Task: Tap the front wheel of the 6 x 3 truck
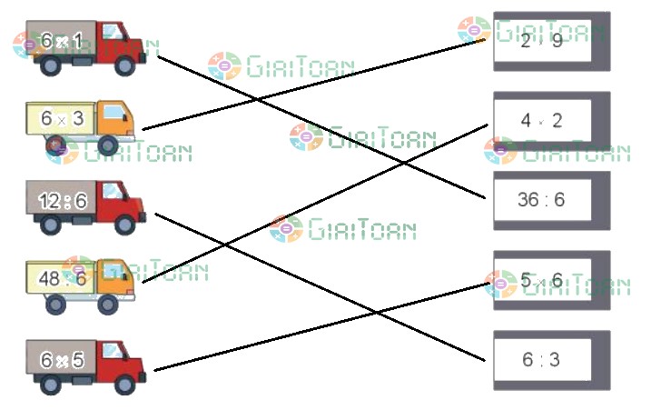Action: (109, 145)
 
